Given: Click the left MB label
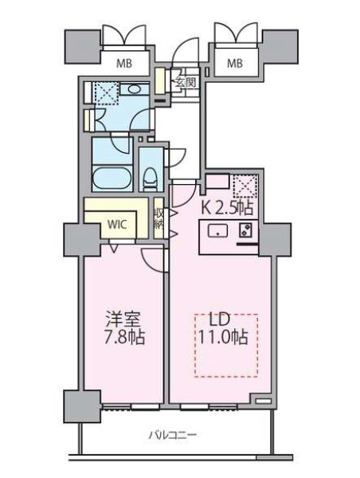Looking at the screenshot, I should [x=125, y=61].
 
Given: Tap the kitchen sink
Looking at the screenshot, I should [x=217, y=232].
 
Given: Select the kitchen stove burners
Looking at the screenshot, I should [x=246, y=232].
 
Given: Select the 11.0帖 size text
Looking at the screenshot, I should [x=223, y=337].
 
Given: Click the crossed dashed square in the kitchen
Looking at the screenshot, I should [x=245, y=189].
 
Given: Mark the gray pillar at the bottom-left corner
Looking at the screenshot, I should [x=74, y=402].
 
